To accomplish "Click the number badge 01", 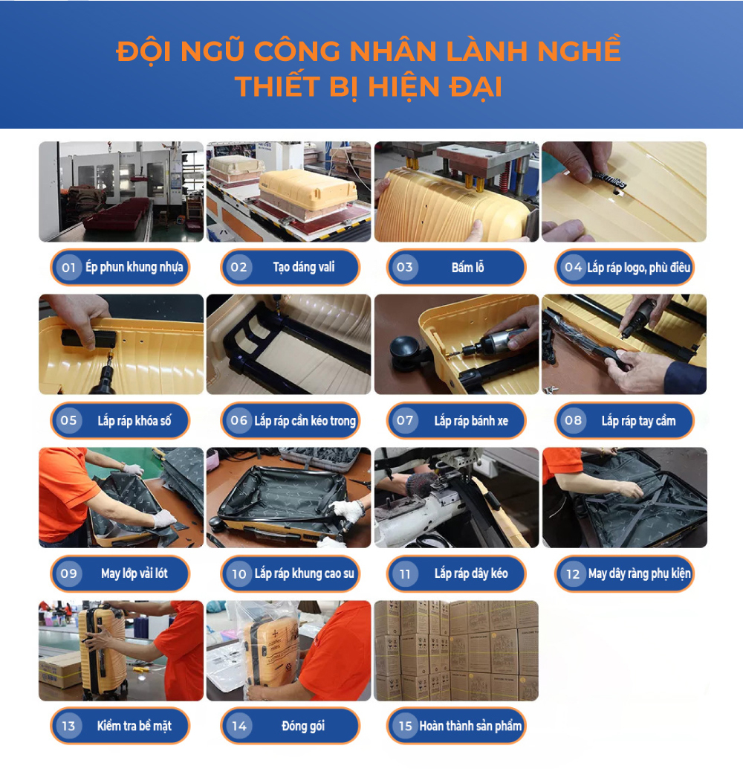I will tap(69, 268).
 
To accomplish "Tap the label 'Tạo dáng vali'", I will tap(303, 268).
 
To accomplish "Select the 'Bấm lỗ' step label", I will tap(467, 268).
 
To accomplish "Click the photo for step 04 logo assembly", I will tap(624, 192).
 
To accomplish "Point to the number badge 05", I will tap(69, 421).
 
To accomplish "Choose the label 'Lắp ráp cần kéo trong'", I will tap(305, 421).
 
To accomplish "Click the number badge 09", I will tap(69, 573).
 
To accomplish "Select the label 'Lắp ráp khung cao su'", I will tap(304, 573).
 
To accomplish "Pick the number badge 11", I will tap(405, 573).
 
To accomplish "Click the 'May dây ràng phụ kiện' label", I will tap(639, 573).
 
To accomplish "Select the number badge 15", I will tap(405, 726).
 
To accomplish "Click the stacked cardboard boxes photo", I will tap(456, 651).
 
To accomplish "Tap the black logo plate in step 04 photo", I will tap(610, 178).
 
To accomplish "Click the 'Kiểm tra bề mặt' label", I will tap(134, 726).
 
